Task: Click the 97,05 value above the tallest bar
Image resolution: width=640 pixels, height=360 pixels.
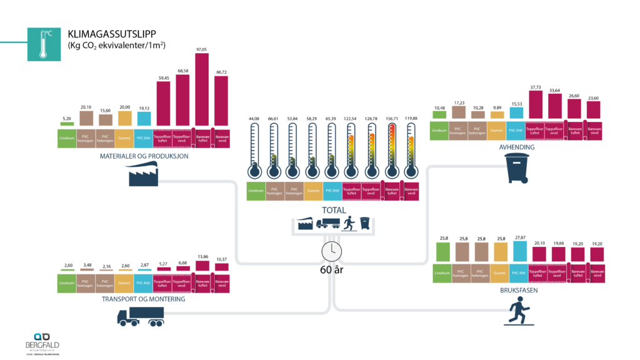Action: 202,49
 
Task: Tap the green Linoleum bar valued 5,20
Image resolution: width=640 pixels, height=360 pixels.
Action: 66,124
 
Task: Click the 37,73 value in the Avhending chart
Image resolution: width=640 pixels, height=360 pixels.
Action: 536,87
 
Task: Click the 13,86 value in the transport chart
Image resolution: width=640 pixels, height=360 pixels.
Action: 202,257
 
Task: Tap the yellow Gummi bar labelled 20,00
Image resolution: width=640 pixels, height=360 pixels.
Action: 124,119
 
